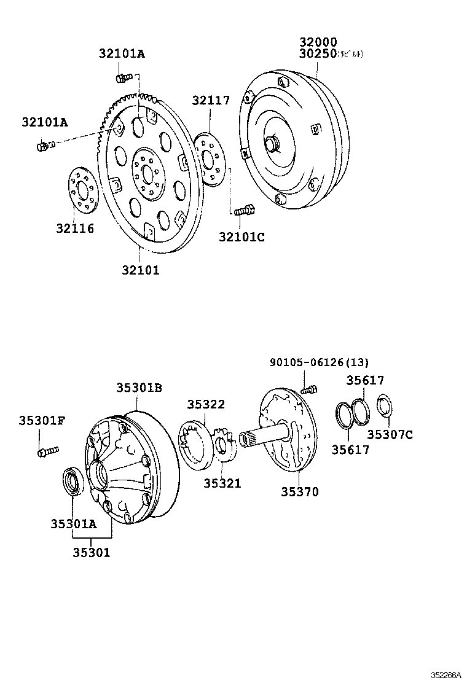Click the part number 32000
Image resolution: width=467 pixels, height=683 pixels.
tap(318, 42)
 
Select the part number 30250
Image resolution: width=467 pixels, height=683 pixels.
tap(318, 54)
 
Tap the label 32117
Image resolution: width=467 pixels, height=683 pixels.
tap(211, 101)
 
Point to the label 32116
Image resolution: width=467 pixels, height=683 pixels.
tap(75, 228)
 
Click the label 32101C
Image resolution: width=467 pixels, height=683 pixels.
tap(241, 237)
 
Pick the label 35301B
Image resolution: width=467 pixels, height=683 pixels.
tap(139, 388)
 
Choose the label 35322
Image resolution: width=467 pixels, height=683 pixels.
tap(206, 404)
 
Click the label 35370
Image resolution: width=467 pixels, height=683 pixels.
tap(300, 492)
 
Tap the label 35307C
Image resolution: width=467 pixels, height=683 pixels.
tap(390, 435)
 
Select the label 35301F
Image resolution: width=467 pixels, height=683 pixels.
tap(42, 420)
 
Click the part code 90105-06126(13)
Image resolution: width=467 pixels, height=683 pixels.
tap(320, 362)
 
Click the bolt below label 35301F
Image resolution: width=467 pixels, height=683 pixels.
tap(47, 452)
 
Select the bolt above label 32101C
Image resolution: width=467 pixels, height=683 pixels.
tap(243, 210)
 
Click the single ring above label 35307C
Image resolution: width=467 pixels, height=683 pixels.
tap(384, 406)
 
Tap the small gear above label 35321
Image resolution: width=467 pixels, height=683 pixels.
tap(222, 447)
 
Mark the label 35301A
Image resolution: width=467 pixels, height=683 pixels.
tap(74, 523)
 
